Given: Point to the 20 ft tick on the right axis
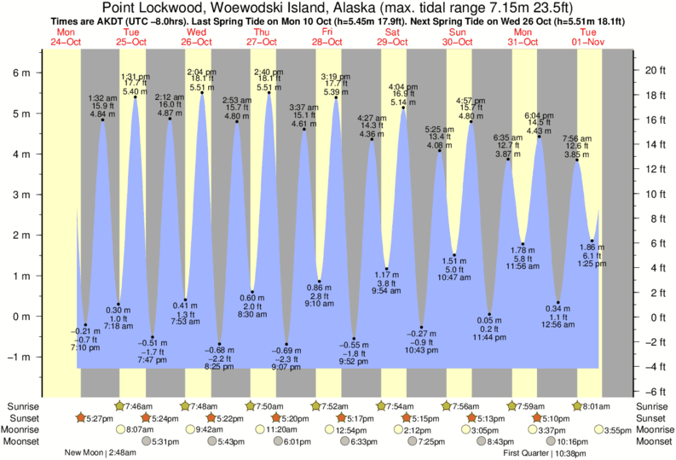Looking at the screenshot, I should (651, 70).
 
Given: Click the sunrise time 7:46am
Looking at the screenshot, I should (139, 405).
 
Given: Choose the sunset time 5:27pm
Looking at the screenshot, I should (102, 418).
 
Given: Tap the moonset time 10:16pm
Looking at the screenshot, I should (572, 442).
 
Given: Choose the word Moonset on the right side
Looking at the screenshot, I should (654, 442).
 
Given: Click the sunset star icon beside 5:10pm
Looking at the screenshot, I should (537, 418).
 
